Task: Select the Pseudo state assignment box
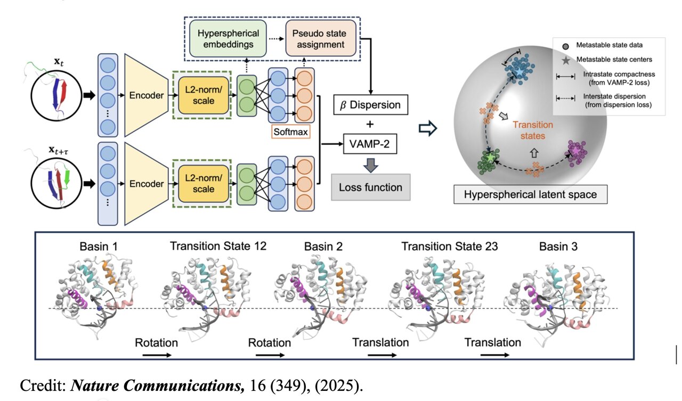(x=321, y=38)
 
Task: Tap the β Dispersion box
(x=370, y=104)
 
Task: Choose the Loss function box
(x=371, y=187)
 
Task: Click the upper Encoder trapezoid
(x=147, y=95)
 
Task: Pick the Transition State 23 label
(x=450, y=247)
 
